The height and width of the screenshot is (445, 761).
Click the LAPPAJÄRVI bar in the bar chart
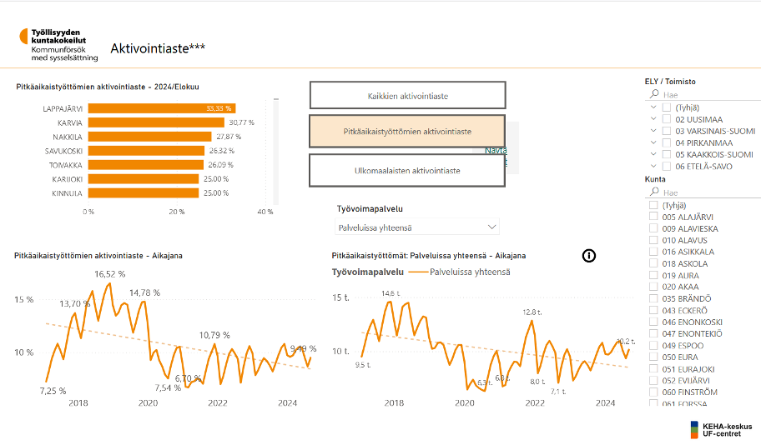pos(161,108)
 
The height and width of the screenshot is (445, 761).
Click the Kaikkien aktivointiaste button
pos(407,96)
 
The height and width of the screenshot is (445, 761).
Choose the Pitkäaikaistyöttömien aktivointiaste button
pos(407,132)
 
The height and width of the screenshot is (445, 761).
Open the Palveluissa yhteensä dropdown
pos(417,227)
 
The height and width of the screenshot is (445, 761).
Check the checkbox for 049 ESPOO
pos(654,345)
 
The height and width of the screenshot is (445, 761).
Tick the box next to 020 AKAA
pos(654,287)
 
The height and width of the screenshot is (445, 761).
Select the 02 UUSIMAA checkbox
pos(667,119)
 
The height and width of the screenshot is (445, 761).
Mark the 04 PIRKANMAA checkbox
pos(667,142)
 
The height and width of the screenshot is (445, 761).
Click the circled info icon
pos(589,256)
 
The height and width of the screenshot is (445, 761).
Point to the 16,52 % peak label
pos(110,274)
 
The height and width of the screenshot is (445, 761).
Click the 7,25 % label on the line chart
pos(53,390)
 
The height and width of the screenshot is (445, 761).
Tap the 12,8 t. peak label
pos(532,312)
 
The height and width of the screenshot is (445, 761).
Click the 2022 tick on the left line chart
pos(218,403)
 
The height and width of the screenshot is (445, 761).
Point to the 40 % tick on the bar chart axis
pos(265,212)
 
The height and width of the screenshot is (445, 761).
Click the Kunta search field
pos(701,192)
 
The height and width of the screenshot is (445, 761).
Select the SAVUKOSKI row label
pos(63,151)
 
